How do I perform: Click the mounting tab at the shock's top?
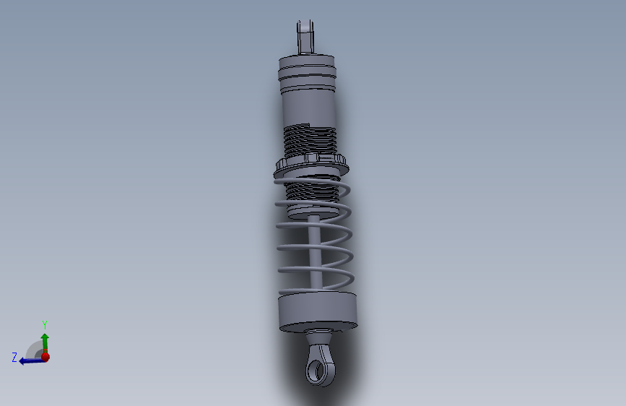[305, 37]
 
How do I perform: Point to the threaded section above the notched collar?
[310, 141]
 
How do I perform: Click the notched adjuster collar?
[311, 166]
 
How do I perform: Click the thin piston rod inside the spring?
[315, 251]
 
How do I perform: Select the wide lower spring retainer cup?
[318, 311]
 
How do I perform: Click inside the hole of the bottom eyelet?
[318, 371]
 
